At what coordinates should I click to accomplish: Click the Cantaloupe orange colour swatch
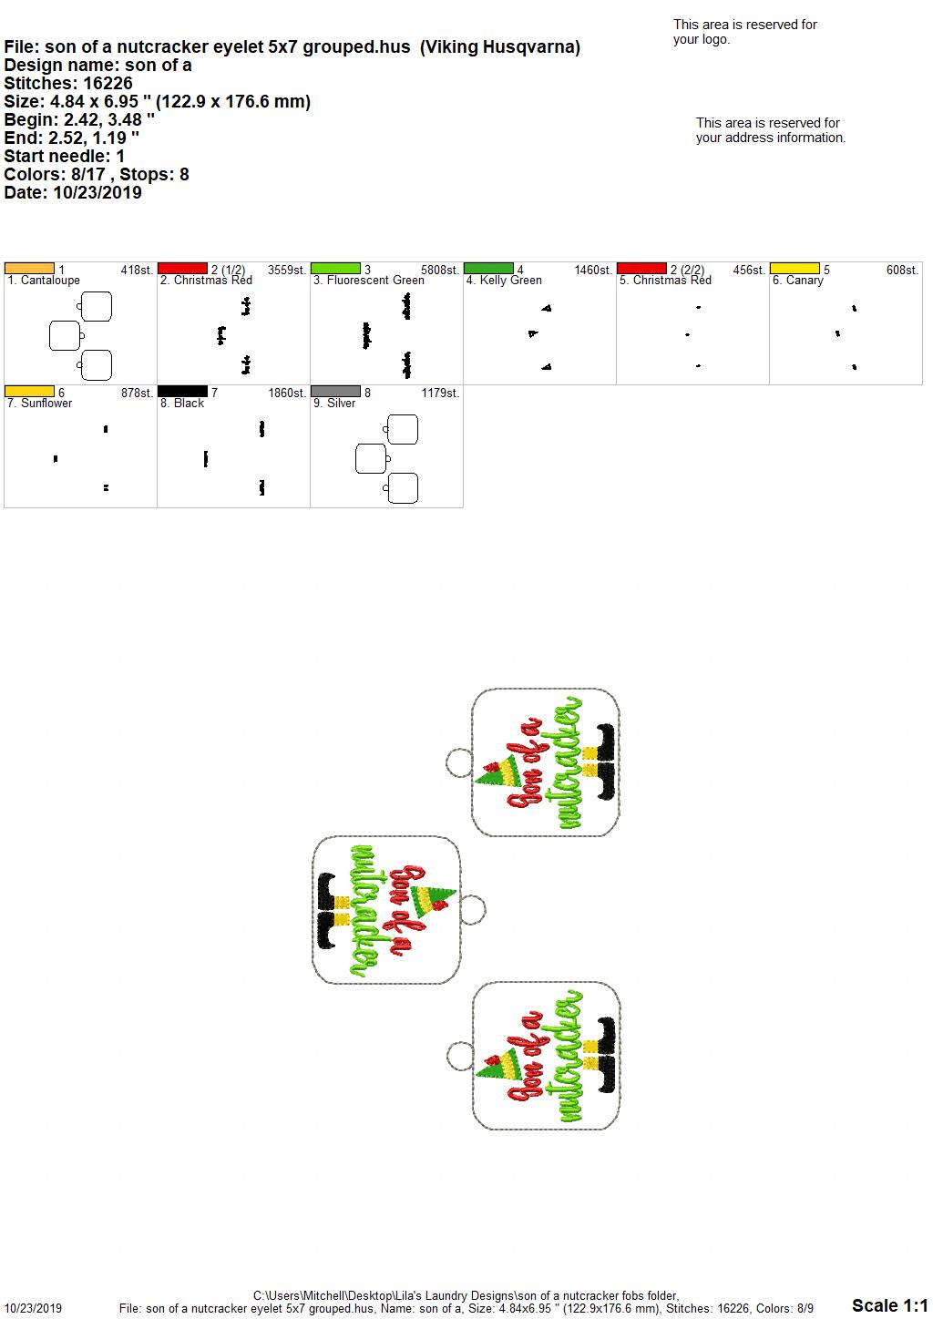29,268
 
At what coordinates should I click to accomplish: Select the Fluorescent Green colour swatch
335,268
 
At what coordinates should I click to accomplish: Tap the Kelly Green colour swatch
488,268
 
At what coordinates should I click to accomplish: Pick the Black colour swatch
182,391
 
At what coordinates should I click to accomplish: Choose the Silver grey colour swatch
335,391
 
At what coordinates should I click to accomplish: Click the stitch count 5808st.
440,270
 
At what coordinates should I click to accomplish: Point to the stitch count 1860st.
287,393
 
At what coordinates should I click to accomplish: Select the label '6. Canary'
797,281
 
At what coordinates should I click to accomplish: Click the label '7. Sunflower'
39,404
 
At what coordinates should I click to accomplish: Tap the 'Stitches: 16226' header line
68,83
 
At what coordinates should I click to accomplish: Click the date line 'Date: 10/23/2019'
73,192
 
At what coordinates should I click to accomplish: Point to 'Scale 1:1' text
889,1304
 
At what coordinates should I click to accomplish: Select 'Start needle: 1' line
64,156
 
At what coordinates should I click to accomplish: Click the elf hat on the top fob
497,771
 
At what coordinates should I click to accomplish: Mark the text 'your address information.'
771,138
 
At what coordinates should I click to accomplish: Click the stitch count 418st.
137,270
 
